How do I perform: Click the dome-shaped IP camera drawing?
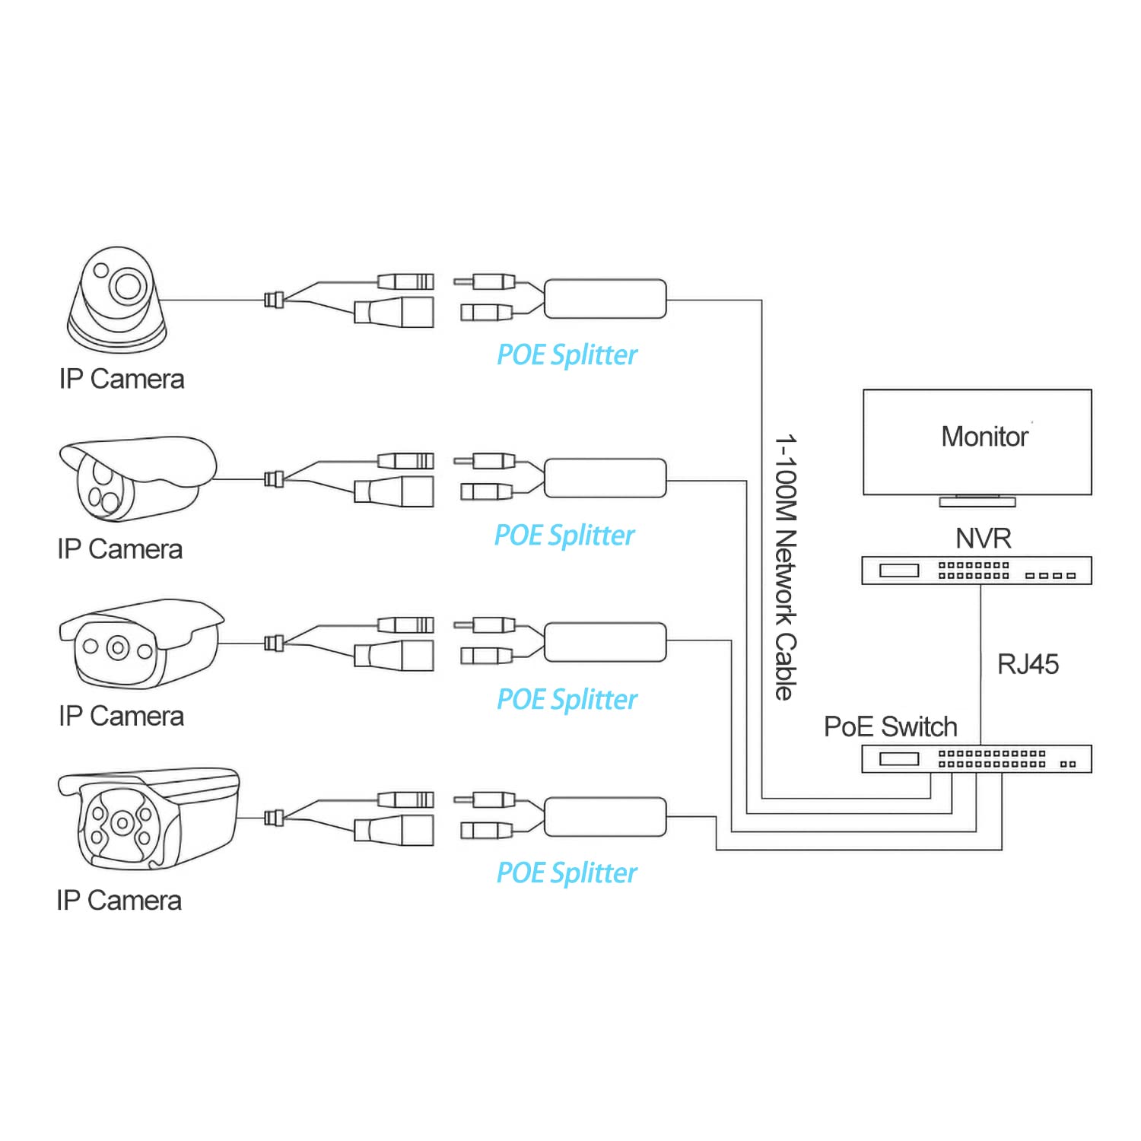tap(116, 300)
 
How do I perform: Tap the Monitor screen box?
tap(977, 443)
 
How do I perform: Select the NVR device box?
tap(976, 570)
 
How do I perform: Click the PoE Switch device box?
tap(976, 759)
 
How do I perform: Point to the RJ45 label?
tap(1028, 664)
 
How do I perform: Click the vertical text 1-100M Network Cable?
tap(785, 567)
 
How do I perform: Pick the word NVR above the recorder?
tap(983, 539)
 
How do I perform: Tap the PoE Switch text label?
tap(890, 727)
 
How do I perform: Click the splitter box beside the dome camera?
tap(605, 299)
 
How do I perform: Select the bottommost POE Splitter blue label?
tap(567, 873)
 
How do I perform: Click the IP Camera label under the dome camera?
tap(122, 379)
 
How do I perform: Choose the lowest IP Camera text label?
tap(119, 901)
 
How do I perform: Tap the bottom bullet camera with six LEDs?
tap(148, 818)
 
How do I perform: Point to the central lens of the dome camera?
tap(127, 286)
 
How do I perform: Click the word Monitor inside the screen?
tap(984, 437)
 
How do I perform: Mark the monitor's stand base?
tap(977, 502)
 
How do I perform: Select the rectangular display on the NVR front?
tap(899, 570)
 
